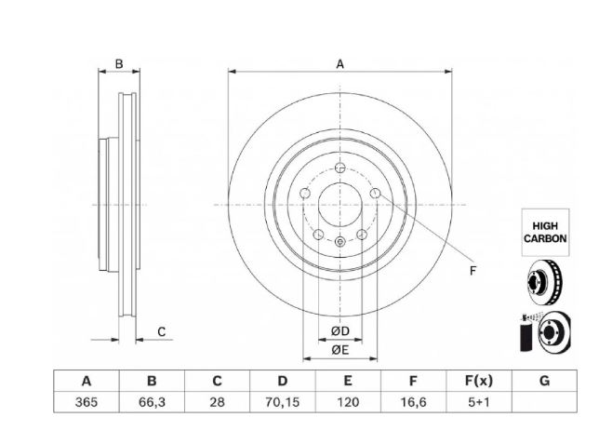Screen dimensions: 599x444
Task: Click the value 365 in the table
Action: (x=87, y=402)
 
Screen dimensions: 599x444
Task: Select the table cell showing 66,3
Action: (x=152, y=402)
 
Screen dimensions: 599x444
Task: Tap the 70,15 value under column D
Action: (x=283, y=402)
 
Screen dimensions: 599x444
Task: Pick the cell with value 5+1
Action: (x=478, y=402)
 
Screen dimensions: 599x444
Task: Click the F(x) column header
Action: (x=478, y=381)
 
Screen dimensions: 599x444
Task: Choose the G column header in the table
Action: (x=544, y=381)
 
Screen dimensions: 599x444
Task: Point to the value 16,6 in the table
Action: (x=413, y=402)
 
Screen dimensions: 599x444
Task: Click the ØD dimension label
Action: (x=340, y=331)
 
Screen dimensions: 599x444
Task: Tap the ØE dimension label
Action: (x=340, y=350)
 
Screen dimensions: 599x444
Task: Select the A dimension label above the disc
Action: (x=339, y=64)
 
